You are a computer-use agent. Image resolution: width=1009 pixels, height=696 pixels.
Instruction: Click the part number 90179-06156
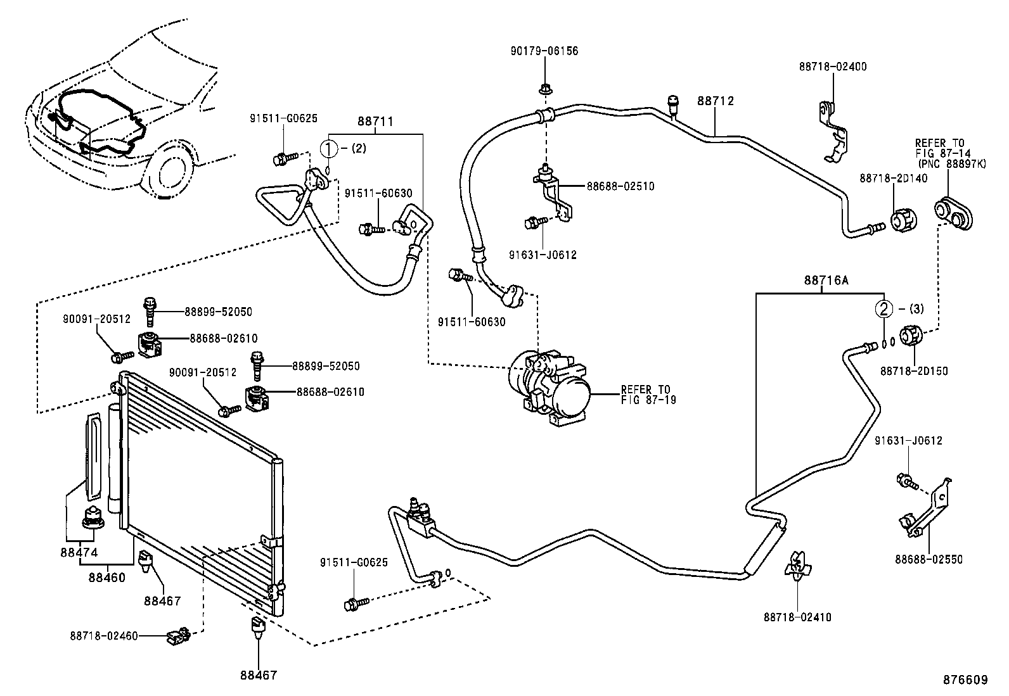point(544,51)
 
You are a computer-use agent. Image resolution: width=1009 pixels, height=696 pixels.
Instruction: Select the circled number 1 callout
point(330,149)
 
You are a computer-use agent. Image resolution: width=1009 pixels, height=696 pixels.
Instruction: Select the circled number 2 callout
point(884,309)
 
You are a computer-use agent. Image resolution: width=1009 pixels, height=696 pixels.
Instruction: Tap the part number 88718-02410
point(797,617)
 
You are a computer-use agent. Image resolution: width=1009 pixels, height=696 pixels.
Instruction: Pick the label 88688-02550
point(929,560)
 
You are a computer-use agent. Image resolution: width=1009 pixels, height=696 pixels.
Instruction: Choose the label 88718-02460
point(104,635)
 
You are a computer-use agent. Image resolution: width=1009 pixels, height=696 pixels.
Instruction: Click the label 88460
point(106,577)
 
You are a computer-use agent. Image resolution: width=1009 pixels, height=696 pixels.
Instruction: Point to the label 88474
point(79,552)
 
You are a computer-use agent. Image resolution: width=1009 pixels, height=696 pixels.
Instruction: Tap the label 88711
point(375,120)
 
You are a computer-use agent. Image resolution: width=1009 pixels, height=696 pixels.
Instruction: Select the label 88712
point(716,101)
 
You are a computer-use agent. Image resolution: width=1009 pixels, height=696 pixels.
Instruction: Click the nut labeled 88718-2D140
point(903,221)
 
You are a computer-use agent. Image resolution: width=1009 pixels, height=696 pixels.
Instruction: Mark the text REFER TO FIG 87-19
point(645,395)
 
